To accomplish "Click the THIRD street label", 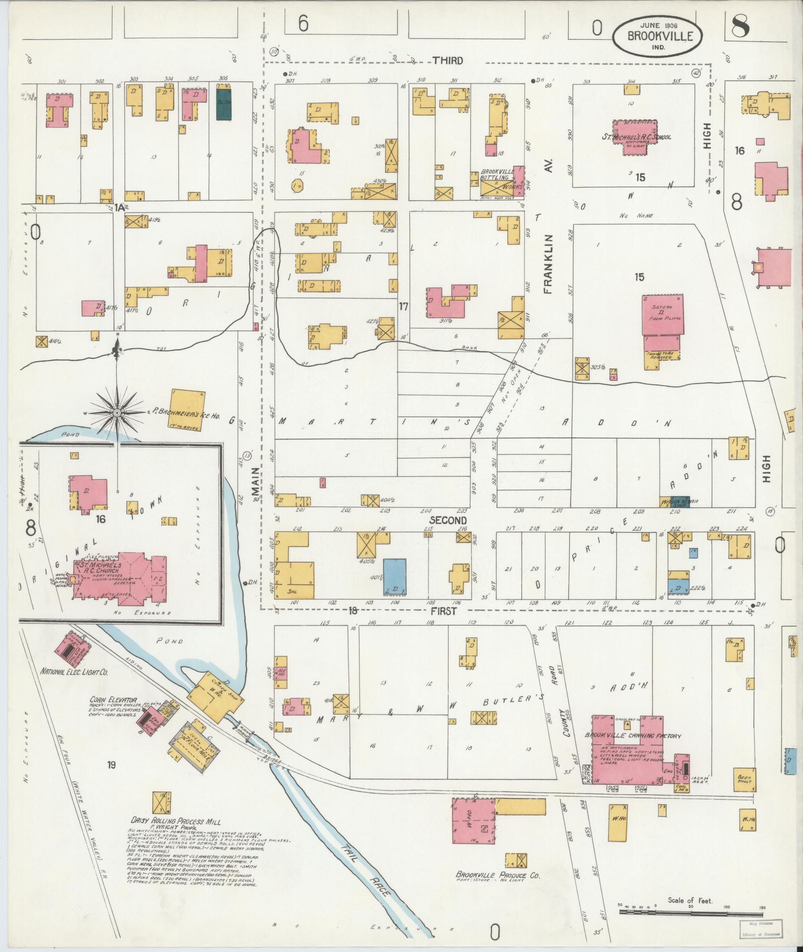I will [x=448, y=61].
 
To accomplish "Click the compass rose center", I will [x=117, y=413].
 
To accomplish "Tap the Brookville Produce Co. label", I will [x=497, y=875].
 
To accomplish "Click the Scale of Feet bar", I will [x=691, y=913].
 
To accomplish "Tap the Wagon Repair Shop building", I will [x=675, y=502].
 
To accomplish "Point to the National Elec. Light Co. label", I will [x=75, y=671].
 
